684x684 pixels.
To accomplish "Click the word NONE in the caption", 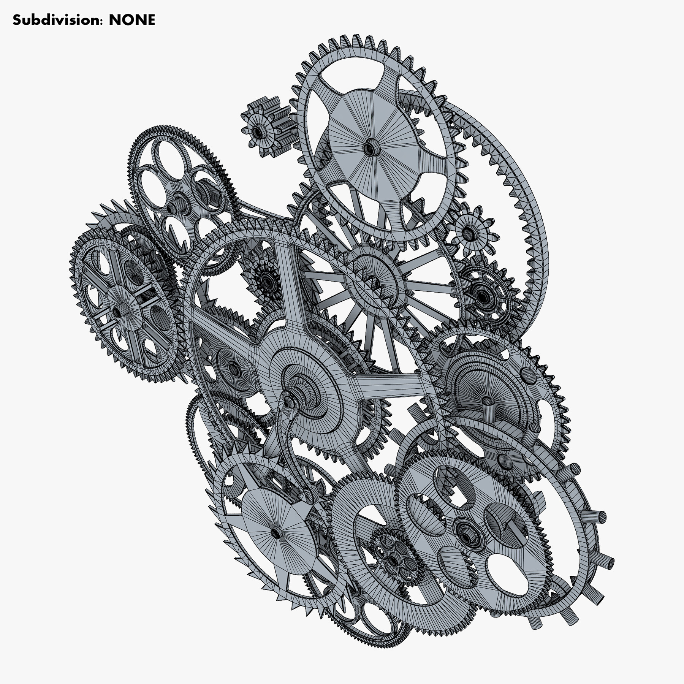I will [132, 20].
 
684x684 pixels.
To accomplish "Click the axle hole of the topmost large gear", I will [369, 147].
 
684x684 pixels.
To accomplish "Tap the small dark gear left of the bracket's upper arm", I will [268, 281].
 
